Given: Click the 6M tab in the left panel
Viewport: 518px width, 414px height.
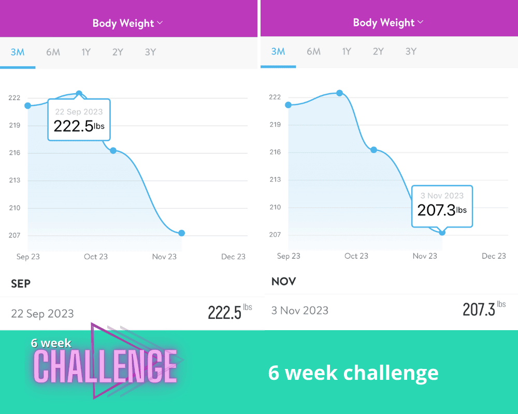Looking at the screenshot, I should coord(53,52).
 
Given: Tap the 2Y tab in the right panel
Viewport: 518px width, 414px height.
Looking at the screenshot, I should coord(378,52).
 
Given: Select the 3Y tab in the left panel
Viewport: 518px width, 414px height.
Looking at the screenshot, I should coord(150,52).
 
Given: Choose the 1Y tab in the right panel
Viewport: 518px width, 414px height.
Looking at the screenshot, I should coord(347,52).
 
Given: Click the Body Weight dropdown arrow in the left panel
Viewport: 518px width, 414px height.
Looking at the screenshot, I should coord(160,23).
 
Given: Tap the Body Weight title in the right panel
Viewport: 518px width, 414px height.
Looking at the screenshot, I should coord(383,23).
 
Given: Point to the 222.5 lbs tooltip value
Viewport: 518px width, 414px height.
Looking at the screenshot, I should coord(74,126).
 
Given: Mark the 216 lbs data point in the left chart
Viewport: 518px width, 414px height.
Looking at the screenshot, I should coord(113,151).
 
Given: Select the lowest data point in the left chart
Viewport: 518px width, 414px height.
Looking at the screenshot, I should coord(181,233).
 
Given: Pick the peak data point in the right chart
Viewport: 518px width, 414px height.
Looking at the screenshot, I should coord(339,93).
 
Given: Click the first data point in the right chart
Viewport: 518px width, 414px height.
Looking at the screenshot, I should coord(289,105).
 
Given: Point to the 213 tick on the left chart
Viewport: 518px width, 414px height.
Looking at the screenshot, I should coord(15,181).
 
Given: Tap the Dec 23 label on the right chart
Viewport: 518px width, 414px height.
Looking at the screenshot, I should coord(494,256).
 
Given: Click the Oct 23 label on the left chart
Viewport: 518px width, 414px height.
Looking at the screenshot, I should coord(96,257).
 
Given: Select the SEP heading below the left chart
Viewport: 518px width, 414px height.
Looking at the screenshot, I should coord(21,284).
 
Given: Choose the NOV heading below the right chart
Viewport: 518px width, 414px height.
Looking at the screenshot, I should coord(283,282).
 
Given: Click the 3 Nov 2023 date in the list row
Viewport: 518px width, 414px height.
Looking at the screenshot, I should coord(300,310).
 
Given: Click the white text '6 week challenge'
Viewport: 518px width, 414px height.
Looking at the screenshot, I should coord(353,373).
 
